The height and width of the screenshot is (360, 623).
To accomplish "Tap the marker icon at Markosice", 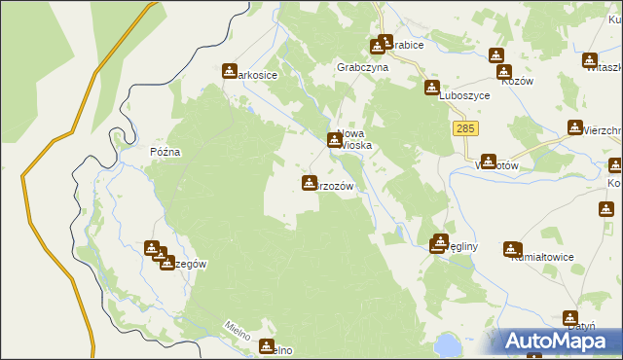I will tap(230, 71).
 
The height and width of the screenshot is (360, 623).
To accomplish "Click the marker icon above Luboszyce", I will tap(431, 88).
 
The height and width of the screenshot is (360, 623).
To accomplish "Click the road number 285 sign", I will tap(464, 129).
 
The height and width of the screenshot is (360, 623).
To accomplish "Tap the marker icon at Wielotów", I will tap(489, 162).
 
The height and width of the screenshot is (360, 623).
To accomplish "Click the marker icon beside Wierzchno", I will tap(575, 127).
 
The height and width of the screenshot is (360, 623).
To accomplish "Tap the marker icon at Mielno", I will tap(268, 345).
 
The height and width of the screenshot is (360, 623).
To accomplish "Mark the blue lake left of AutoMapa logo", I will tap(448, 344).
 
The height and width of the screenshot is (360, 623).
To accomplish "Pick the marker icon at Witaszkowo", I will tap(590, 60).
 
